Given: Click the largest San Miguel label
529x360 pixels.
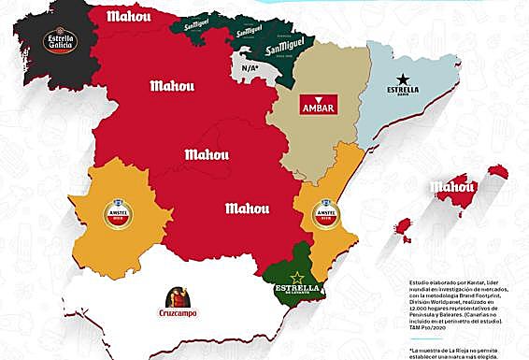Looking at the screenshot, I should click(x=261, y=44).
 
